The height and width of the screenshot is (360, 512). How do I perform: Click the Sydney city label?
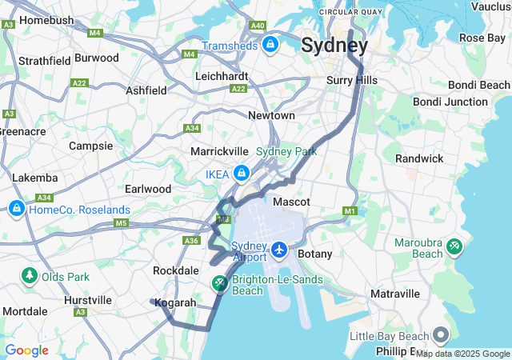tap(334, 46)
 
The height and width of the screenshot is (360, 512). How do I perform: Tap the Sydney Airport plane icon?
tap(279, 250)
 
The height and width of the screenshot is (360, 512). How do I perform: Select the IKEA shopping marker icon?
tap(240, 173)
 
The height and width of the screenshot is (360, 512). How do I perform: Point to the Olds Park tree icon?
tap(30, 276)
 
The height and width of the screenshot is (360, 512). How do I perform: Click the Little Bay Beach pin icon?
tap(441, 335)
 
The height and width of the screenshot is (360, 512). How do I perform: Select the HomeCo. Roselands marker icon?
tap(16, 209)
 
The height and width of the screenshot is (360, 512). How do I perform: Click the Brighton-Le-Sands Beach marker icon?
tap(219, 284)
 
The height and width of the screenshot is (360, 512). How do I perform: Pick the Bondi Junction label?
tap(450, 102)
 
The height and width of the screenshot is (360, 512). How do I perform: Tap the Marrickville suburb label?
tap(219, 150)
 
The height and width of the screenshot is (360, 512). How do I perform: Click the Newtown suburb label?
tap(271, 115)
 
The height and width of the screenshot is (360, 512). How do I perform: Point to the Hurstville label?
tap(88, 300)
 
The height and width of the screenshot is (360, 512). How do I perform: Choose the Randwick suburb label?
tap(419, 158)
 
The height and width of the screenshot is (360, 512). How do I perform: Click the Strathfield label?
tap(45, 60)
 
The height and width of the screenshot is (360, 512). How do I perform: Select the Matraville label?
tap(395, 294)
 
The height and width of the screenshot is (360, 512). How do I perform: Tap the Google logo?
tap(26, 350)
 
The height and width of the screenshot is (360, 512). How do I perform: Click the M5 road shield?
tap(121, 222)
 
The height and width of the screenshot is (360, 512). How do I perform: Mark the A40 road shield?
tap(258, 26)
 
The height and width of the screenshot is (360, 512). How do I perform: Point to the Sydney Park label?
tap(286, 151)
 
